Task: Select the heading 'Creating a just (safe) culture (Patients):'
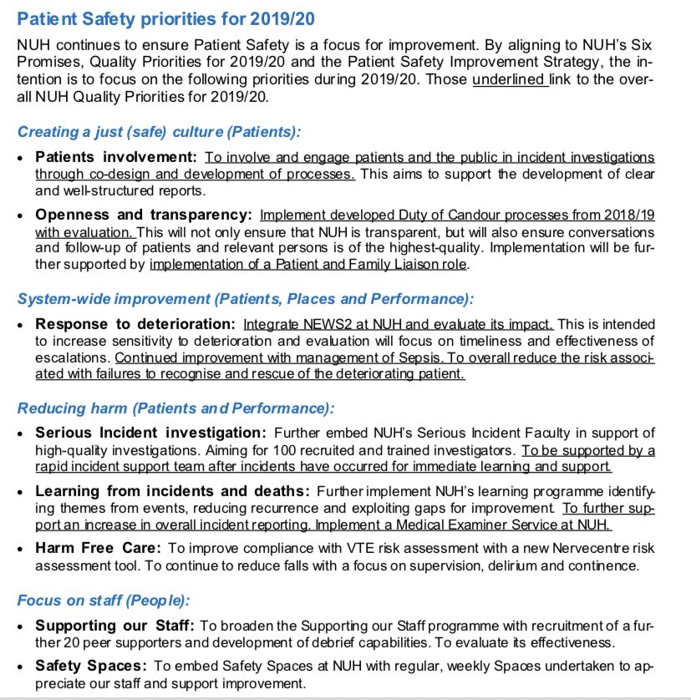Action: click(x=160, y=132)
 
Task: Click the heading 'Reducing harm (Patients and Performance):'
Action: click(x=175, y=408)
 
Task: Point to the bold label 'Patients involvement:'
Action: click(x=115, y=157)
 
